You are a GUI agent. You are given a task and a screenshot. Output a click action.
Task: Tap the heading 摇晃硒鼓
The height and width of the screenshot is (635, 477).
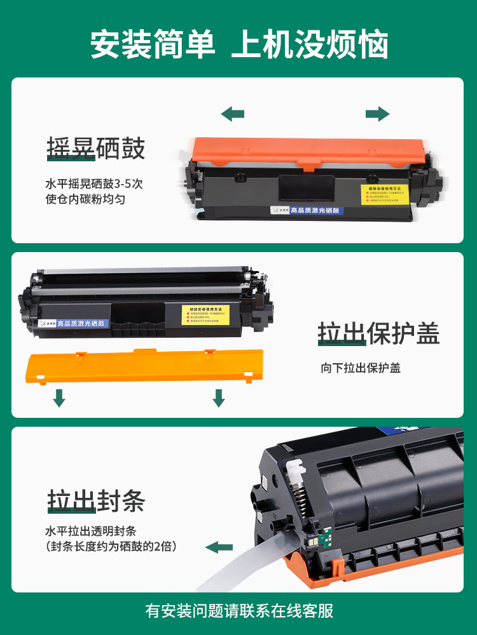[x=95, y=147]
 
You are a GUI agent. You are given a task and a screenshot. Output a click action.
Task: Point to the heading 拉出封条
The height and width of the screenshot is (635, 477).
[x=95, y=500]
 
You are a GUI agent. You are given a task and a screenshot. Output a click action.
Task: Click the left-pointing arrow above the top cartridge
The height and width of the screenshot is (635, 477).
[x=232, y=114]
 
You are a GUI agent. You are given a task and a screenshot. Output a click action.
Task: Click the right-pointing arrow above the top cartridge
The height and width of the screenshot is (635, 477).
[x=377, y=114]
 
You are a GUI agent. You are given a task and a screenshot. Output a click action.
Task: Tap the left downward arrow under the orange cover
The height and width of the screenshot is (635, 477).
[x=59, y=398]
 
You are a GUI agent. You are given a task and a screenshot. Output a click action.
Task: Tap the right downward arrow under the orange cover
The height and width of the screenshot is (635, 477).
[x=219, y=398]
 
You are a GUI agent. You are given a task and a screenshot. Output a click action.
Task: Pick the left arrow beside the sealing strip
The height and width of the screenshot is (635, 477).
[x=219, y=547]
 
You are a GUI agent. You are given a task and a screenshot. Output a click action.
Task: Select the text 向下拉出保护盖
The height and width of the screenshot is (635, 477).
[x=361, y=368]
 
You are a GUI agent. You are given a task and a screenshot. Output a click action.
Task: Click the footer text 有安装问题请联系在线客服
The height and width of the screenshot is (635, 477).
[x=238, y=612]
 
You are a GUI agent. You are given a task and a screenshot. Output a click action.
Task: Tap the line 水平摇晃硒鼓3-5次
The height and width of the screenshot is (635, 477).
[x=94, y=185]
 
